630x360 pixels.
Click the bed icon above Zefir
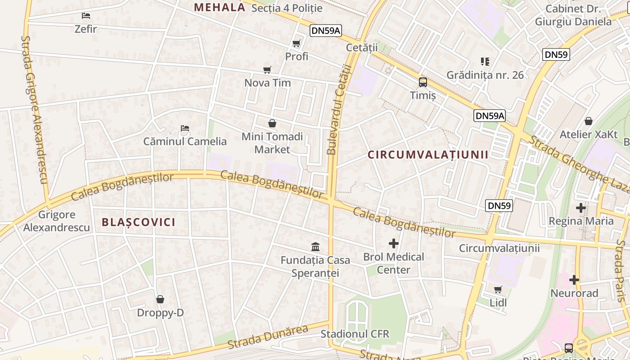tap(86, 16)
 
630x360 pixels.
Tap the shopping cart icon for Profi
tap(296, 44)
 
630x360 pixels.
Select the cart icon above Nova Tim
tap(267, 70)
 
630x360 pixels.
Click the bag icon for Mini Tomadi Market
tap(272, 123)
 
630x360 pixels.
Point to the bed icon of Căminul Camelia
tap(184, 128)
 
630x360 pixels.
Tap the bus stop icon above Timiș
tap(423, 82)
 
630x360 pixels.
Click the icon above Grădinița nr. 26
tap(485, 61)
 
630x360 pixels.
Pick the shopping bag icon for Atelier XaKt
tap(588, 121)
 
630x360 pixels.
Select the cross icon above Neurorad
tap(574, 280)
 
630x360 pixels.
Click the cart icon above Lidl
tap(498, 289)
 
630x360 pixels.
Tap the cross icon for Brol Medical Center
tap(394, 243)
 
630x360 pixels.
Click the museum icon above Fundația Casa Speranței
tap(315, 247)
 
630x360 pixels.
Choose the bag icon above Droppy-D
tap(160, 299)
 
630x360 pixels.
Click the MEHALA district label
tap(220, 7)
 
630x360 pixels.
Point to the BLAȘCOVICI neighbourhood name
tap(139, 222)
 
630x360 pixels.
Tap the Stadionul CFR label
tap(355, 334)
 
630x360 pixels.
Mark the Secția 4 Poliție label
tap(287, 8)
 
